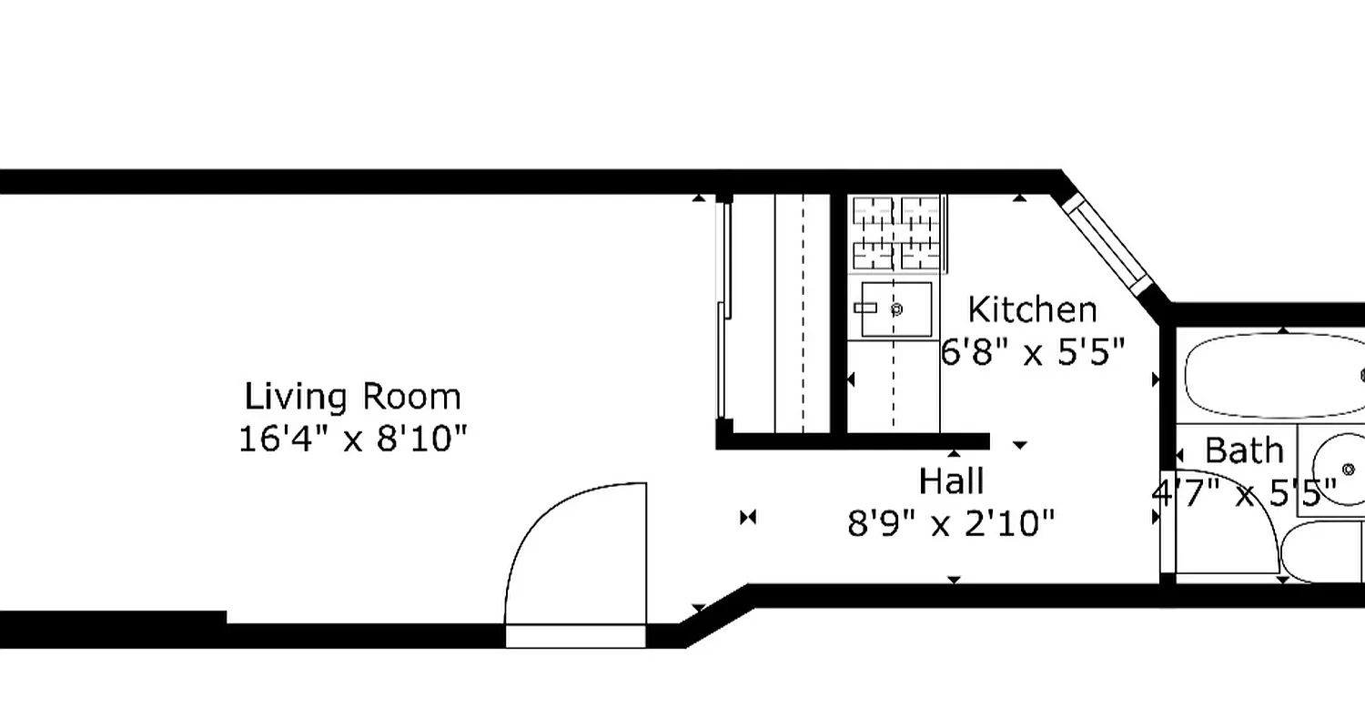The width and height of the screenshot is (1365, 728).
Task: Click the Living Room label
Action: click(x=353, y=397)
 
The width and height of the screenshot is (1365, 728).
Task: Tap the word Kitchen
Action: click(x=1032, y=309)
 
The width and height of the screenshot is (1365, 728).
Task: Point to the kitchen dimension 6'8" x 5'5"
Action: click(x=1033, y=350)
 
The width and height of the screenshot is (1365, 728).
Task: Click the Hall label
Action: click(x=951, y=480)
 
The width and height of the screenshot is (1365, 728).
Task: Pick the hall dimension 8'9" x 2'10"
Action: click(x=951, y=523)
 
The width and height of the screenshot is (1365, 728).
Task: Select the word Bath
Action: click(x=1244, y=450)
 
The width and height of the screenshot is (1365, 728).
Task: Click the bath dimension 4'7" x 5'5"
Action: click(x=1244, y=494)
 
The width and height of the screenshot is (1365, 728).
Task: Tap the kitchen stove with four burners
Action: click(x=896, y=233)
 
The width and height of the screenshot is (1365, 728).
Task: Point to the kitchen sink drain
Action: click(x=896, y=310)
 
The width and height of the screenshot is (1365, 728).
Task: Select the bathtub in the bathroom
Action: click(x=1274, y=375)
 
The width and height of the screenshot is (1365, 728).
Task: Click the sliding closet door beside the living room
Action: click(x=724, y=309)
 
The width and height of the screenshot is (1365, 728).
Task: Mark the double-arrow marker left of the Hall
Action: click(x=748, y=518)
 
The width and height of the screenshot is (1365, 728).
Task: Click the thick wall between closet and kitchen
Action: click(x=839, y=314)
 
